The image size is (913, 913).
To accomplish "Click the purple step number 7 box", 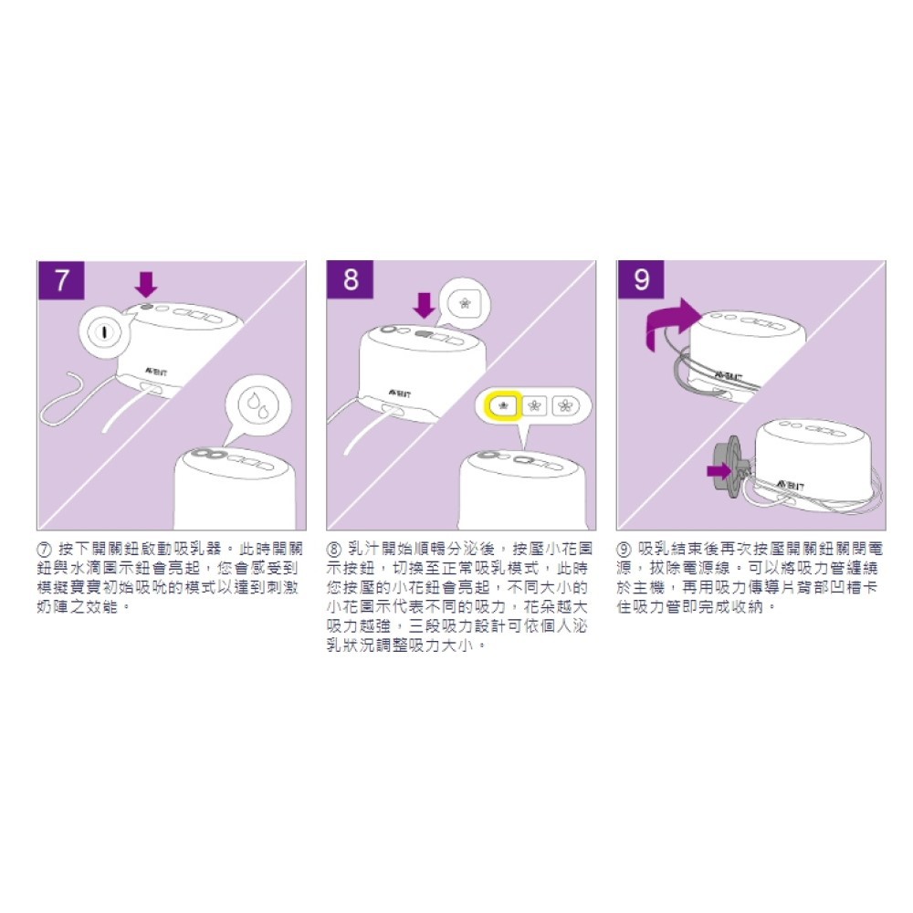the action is pyautogui.click(x=61, y=280).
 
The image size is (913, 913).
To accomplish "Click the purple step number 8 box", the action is pyautogui.click(x=351, y=279).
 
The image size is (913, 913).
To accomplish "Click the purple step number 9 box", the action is pyautogui.click(x=641, y=279).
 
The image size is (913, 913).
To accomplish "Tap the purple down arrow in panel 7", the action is pyautogui.click(x=146, y=284).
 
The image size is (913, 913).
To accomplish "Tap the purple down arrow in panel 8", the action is pyautogui.click(x=425, y=305).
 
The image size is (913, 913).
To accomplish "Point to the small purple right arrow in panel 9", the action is pyautogui.click(x=719, y=470).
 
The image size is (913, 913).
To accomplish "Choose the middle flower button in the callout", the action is pyautogui.click(x=534, y=405).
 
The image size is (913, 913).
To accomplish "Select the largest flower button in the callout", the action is pyautogui.click(x=565, y=405).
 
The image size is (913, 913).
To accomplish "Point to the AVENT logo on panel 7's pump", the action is pyautogui.click(x=155, y=372).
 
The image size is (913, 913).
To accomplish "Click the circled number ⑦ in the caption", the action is pyautogui.click(x=45, y=550).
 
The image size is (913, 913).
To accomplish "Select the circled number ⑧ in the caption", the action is pyautogui.click(x=333, y=550).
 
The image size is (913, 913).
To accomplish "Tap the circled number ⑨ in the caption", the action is pyautogui.click(x=624, y=550).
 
